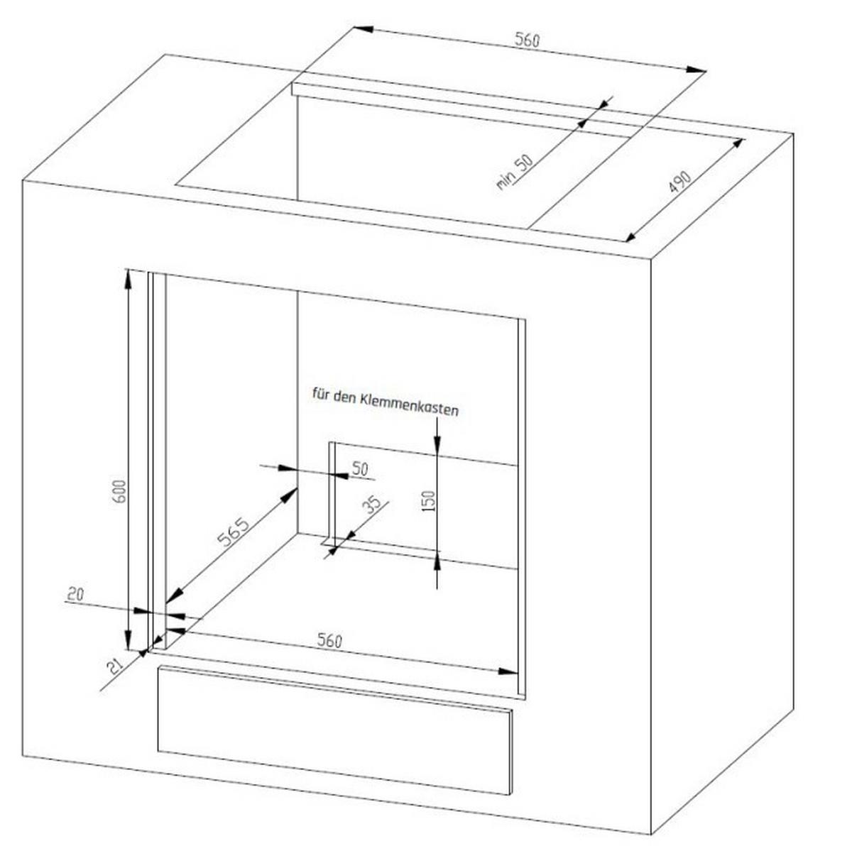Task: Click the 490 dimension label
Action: click(x=679, y=182)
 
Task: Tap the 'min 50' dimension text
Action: click(x=514, y=172)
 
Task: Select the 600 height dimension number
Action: click(x=121, y=491)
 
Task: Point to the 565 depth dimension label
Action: click(x=233, y=532)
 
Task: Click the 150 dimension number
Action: click(x=430, y=500)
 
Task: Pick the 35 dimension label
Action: click(x=372, y=505)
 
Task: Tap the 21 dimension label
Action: click(x=116, y=665)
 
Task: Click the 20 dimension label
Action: click(x=75, y=595)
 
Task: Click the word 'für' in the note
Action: click(x=321, y=393)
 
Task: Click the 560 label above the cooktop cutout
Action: click(x=527, y=40)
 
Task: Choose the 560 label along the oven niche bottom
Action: click(x=329, y=640)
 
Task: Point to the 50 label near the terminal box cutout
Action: click(x=360, y=469)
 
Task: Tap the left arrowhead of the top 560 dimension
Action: click(x=364, y=29)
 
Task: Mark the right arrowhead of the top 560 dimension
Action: click(x=696, y=70)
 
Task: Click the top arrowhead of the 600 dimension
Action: click(x=128, y=279)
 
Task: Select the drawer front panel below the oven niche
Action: click(x=335, y=730)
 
